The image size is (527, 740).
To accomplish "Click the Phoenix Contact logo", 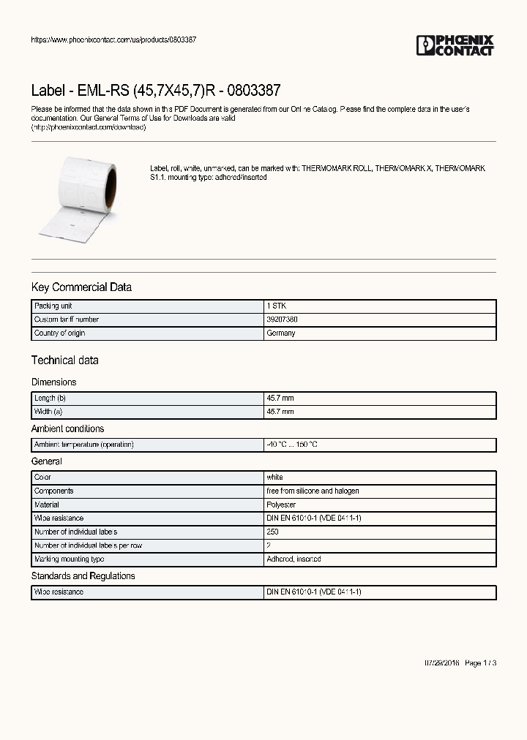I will point(455,45).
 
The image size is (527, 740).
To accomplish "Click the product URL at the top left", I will point(113,39).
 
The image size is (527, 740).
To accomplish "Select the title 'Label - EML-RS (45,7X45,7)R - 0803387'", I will point(155,91).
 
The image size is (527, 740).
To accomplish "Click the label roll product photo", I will point(76,198).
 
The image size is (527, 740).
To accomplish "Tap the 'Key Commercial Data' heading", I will point(81,287).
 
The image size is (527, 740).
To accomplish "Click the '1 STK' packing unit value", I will point(274,306).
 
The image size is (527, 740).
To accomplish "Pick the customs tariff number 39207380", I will point(282,320).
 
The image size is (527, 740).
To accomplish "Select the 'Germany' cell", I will point(281,333).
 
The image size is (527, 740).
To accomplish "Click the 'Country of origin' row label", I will point(59,333).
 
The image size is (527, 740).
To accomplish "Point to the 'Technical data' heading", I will point(64,360).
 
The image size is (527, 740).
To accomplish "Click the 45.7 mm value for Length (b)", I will point(280,399).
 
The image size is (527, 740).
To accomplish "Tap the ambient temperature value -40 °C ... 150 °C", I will point(291,445).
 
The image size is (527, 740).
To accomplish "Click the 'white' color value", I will point(274,477).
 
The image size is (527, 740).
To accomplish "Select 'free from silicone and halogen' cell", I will point(313,491).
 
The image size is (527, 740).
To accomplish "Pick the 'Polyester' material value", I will point(281,505).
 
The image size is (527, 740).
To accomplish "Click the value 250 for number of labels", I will point(272,532).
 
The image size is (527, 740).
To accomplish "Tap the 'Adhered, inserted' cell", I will point(294,559).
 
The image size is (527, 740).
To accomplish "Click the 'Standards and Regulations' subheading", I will point(83,576).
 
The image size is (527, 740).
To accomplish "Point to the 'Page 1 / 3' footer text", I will point(480,663).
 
